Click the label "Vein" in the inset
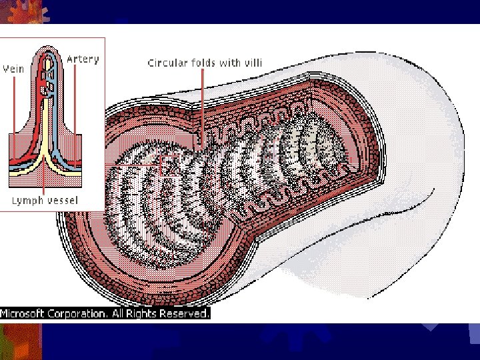(13, 68)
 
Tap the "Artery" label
(83, 59)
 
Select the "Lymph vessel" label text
(45, 200)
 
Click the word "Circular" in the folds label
(167, 63)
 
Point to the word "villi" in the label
(251, 63)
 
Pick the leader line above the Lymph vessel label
(44, 177)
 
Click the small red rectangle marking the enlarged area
(170, 165)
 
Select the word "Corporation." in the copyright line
(84, 313)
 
